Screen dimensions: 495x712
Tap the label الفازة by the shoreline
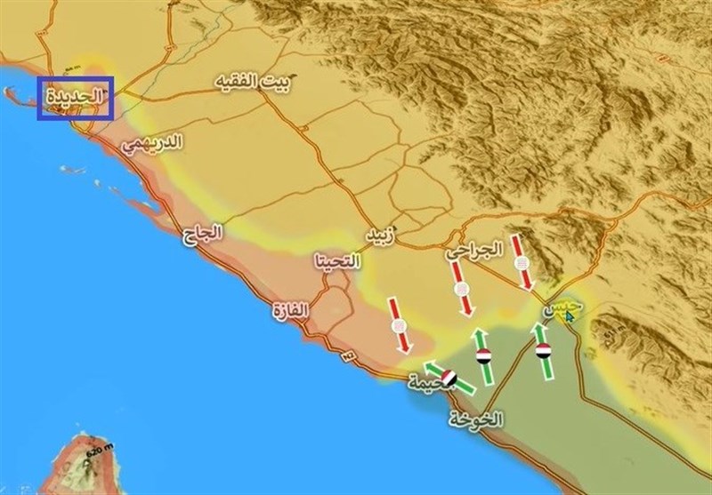click(293, 312)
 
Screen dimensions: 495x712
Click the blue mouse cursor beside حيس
click(570, 316)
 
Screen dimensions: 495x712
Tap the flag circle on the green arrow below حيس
click(543, 353)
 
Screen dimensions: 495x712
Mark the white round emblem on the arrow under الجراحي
click(462, 291)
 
